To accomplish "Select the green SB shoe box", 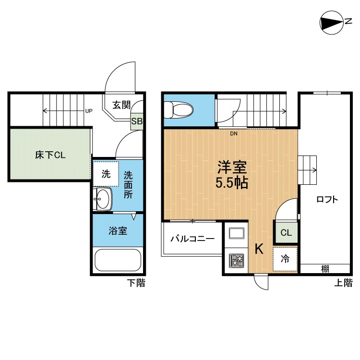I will tap(137, 121).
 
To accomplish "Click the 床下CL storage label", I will tap(50, 155).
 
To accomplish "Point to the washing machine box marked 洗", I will tap(106, 174).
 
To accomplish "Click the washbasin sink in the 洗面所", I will tap(103, 198).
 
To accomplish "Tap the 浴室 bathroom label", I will tap(117, 230).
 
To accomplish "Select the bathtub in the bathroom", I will tap(117, 261).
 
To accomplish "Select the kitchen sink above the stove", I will tap(236, 234).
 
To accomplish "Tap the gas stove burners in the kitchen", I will tap(236, 261).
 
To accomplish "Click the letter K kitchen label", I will tap(259, 249).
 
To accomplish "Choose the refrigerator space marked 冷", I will tap(285, 259).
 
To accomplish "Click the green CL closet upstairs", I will tap(286, 233).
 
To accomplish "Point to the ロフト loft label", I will tap(327, 200).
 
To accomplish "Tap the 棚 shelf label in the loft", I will tap(325, 269).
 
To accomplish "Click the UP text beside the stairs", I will tap(88, 111).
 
